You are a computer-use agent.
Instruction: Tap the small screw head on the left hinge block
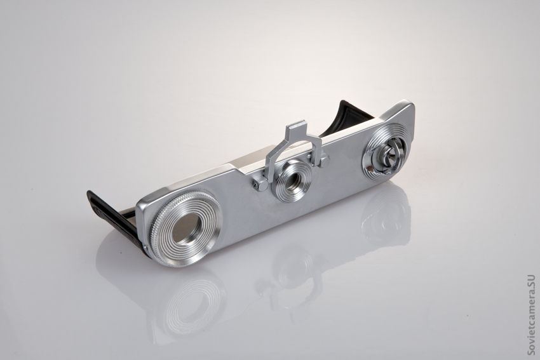pyautogui.click(x=255, y=186)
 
